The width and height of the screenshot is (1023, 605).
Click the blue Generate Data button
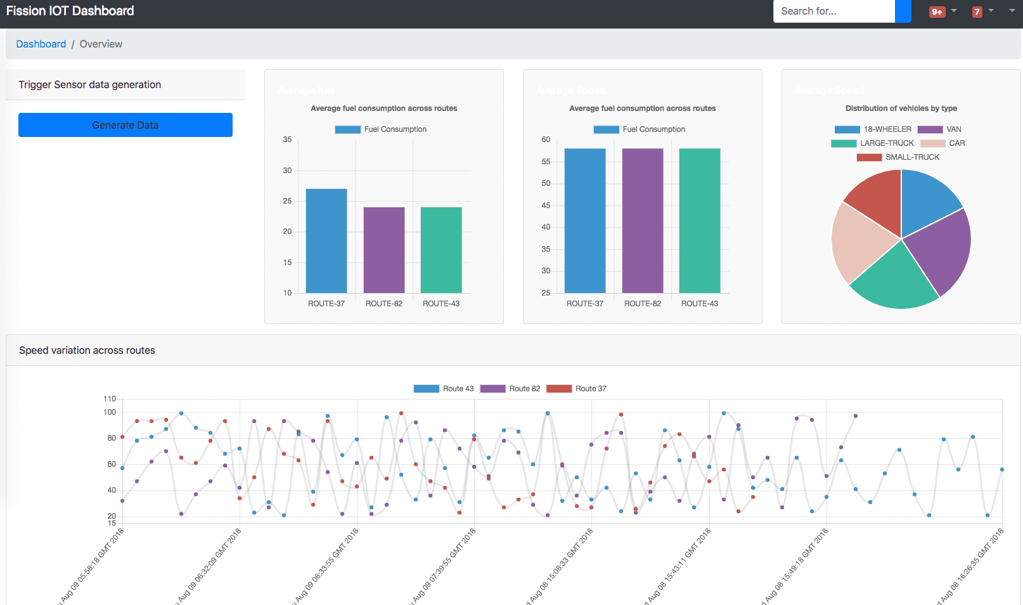coord(125,125)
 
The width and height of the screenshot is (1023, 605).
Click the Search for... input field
coord(833,11)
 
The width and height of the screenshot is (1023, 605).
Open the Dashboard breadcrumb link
coord(41,44)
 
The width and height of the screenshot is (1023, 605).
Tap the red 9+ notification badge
coord(937,12)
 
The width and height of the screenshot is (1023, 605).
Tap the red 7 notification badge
coord(977,12)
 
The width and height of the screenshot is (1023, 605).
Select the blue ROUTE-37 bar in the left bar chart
coord(326,241)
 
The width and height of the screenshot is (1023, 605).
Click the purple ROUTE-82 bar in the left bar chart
coord(384,250)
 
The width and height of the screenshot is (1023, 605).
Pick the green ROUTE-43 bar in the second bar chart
coord(700,221)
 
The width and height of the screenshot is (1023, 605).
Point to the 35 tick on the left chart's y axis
coord(287,140)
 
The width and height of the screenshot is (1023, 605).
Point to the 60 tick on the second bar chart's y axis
coord(546,140)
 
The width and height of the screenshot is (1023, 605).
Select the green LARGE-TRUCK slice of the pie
coord(894,279)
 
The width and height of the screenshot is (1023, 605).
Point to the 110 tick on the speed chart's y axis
coord(110,399)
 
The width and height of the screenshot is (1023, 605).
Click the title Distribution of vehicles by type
coord(901,108)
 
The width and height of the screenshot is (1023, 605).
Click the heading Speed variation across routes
coord(87,350)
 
